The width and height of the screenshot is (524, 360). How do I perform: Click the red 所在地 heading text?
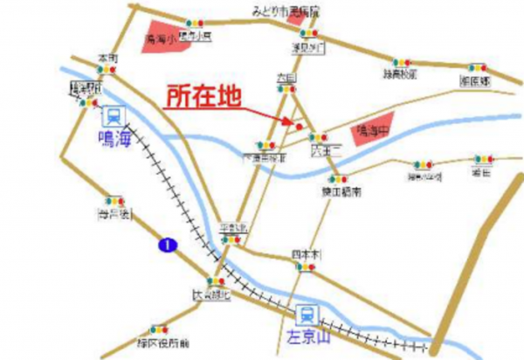click(202, 95)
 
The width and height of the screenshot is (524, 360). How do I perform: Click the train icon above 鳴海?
click(112, 116)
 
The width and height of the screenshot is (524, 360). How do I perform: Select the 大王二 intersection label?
click(322, 150)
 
